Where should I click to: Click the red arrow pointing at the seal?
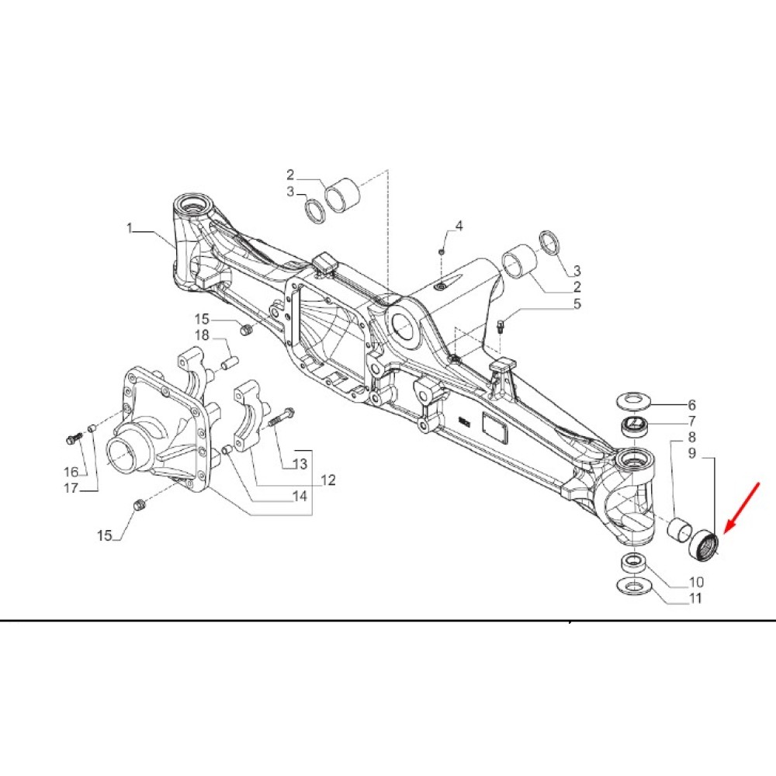[x=742, y=508]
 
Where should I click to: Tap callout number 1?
[x=130, y=228]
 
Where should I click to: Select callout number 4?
[x=459, y=226]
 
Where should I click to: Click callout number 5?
[x=577, y=303]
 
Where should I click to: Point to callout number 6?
[x=691, y=405]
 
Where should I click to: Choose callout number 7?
[x=691, y=421]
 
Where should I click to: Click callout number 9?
[x=691, y=453]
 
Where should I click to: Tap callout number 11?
[x=695, y=598]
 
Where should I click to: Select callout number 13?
[x=300, y=464]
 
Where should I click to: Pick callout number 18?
[x=202, y=335]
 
